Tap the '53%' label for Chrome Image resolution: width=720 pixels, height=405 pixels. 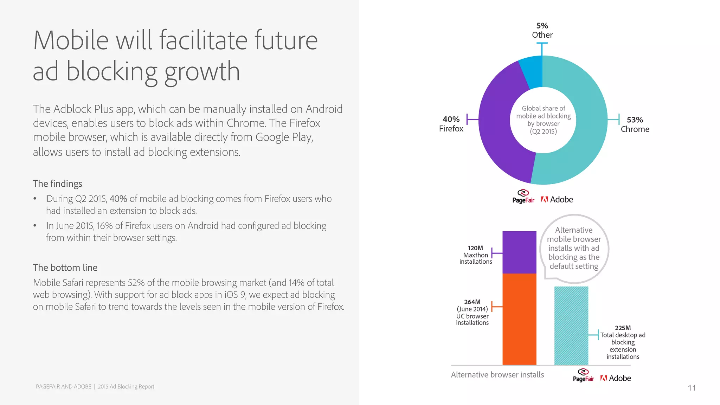coord(635,120)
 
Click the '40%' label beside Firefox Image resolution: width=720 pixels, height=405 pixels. coord(451,119)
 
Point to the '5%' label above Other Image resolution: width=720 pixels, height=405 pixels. coord(542,26)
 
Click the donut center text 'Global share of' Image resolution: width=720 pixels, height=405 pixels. coord(543,108)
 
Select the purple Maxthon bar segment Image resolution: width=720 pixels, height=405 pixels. coord(519,252)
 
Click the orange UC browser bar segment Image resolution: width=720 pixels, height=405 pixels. coord(519,319)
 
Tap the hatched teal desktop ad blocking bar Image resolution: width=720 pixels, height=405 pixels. coord(571,326)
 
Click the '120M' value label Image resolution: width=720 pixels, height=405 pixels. coord(475,248)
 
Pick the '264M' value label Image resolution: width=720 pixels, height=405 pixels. coord(472,302)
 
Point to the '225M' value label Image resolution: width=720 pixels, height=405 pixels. coord(623,328)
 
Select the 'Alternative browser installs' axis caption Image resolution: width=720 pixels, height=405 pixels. coord(497,375)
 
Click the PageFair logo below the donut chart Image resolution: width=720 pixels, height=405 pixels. coord(523,197)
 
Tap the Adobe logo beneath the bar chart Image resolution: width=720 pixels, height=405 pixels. coord(616,378)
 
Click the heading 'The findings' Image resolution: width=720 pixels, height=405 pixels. coord(58,184)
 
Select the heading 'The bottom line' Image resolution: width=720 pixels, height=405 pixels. coord(65,268)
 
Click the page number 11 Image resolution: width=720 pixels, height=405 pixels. coord(692,388)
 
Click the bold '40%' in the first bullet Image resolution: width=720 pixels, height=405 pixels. coord(118,199)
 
